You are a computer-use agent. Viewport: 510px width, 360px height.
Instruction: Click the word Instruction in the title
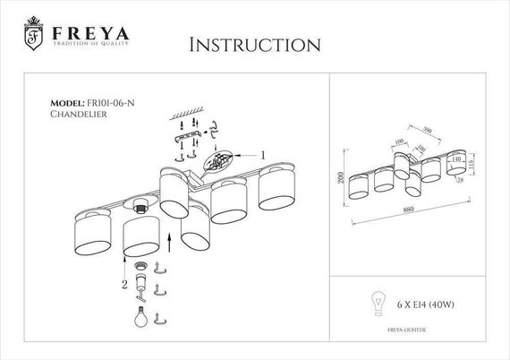[254, 43]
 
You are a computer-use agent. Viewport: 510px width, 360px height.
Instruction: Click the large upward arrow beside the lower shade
[168, 242]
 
